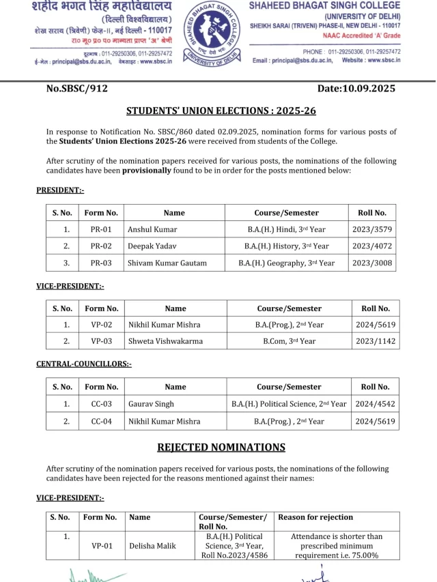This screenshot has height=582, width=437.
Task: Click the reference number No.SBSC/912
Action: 77,89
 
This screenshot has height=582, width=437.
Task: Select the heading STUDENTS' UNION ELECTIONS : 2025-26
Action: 221,111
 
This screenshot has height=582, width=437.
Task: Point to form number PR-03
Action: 101,263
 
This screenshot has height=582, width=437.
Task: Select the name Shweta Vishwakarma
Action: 165,341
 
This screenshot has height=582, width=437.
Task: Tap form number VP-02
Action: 101,325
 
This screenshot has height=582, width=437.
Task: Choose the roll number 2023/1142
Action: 375,341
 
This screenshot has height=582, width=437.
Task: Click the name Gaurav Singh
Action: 151,404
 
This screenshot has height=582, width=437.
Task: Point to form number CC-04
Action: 101,421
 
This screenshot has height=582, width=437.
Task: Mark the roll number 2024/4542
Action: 375,404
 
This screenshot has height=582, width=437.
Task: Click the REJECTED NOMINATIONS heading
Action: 221,448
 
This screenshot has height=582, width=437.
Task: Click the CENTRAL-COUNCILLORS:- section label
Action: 84,364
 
